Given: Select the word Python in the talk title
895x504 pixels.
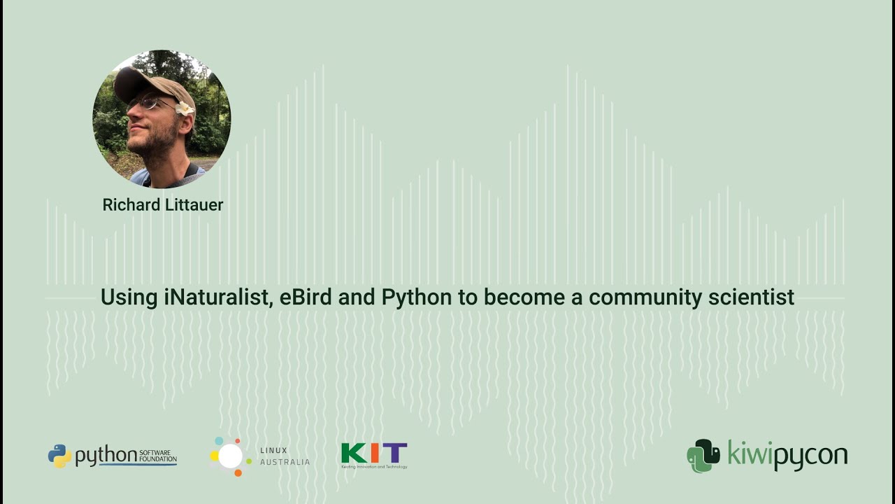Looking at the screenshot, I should (x=417, y=298).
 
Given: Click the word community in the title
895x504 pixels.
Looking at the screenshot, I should (x=645, y=298).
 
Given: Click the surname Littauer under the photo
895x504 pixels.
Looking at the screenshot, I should (x=194, y=205).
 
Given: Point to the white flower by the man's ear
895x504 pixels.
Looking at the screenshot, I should (x=185, y=108).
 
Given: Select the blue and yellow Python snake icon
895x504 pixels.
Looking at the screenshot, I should (x=59, y=456).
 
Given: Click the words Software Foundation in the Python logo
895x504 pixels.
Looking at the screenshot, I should (x=157, y=456).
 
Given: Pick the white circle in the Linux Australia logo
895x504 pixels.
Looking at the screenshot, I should (x=230, y=456).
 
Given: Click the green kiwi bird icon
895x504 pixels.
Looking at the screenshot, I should (x=703, y=456).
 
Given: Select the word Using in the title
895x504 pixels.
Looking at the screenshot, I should (x=129, y=297).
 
